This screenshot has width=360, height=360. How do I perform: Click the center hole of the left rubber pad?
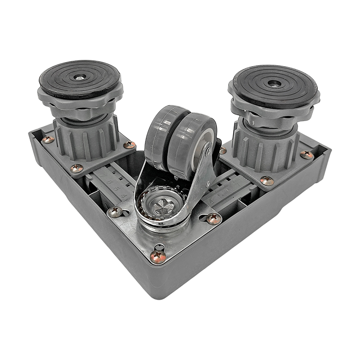[80, 77]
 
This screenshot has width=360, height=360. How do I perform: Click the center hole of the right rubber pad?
[274, 83]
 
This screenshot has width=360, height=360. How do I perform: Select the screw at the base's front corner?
[157, 256]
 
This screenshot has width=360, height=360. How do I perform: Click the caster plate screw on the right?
[213, 219]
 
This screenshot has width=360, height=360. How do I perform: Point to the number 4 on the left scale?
[124, 196]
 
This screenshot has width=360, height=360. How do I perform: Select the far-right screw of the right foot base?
[307, 155]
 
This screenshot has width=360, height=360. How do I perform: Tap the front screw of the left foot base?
[76, 168]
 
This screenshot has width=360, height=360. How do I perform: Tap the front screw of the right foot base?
[267, 180]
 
